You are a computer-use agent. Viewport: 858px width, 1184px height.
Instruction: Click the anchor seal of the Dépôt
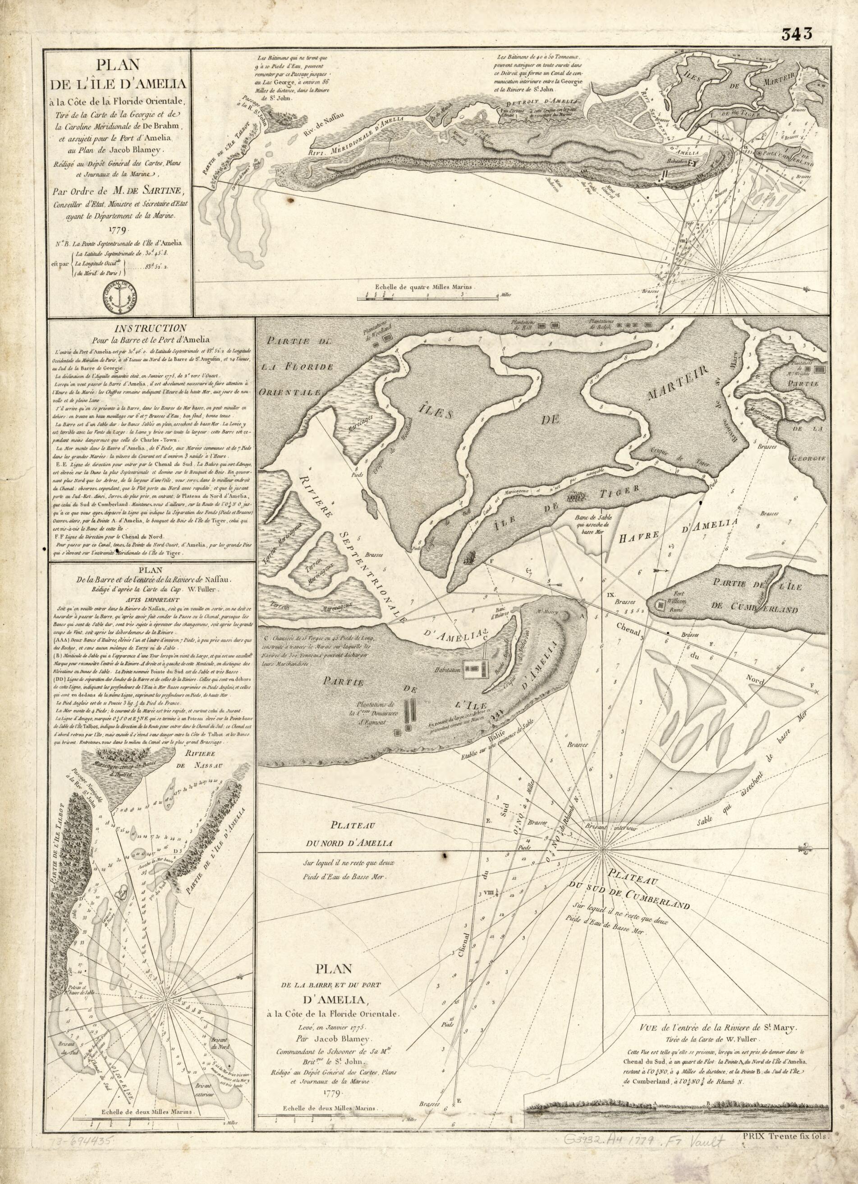point(120,297)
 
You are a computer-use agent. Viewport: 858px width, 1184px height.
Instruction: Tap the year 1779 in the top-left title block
point(120,228)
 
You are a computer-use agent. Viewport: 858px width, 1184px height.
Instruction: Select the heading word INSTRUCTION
point(152,328)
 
